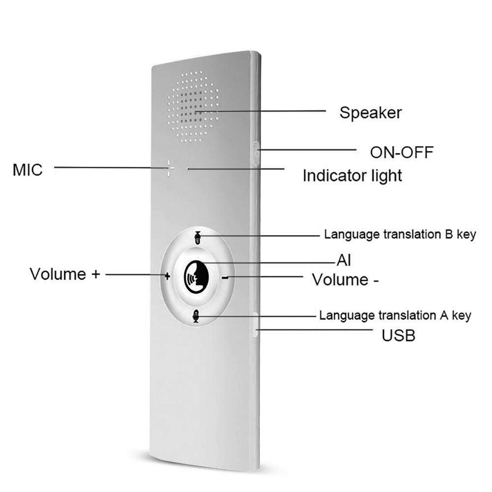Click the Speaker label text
pyautogui.click(x=370, y=113)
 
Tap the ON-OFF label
pyautogui.click(x=402, y=152)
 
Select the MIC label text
pyautogui.click(x=28, y=170)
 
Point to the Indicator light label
pyautogui.click(x=352, y=175)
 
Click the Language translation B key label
pyautogui.click(x=400, y=234)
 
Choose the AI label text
pyautogui.click(x=344, y=260)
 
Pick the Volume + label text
pyautogui.click(x=65, y=274)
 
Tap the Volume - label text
pyautogui.click(x=346, y=280)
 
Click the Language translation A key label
pyautogui.click(x=395, y=315)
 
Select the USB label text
pyautogui.click(x=399, y=336)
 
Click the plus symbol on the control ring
pyautogui.click(x=168, y=277)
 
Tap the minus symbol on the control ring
pyautogui.click(x=225, y=278)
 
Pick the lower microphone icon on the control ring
pyautogui.click(x=196, y=316)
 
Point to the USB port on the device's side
pyautogui.click(x=256, y=324)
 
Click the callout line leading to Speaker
pyautogui.click(x=265, y=112)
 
